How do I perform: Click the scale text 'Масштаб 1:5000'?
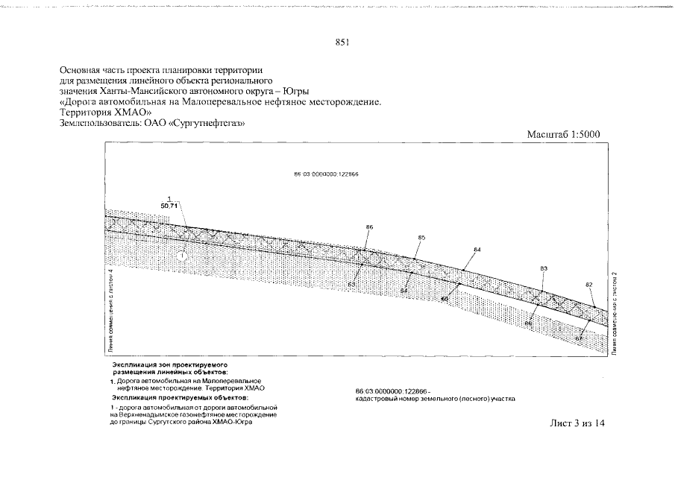pyautogui.click(x=564, y=134)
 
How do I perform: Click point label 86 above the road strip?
pyautogui.click(x=369, y=226)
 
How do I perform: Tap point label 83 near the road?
pyautogui.click(x=544, y=268)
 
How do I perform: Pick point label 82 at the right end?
pyautogui.click(x=588, y=285)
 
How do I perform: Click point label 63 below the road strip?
pyautogui.click(x=351, y=284)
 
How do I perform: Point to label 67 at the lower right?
pyautogui.click(x=578, y=338)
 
